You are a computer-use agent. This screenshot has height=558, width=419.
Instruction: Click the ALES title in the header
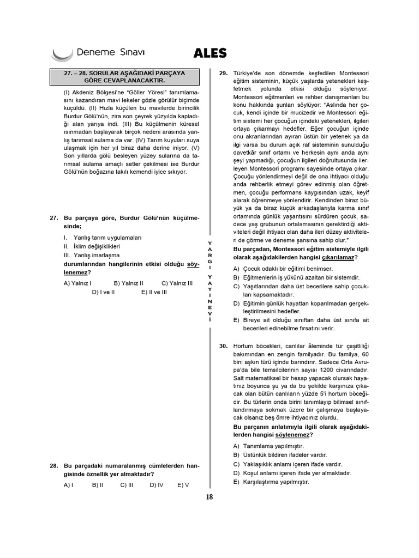point(210,53)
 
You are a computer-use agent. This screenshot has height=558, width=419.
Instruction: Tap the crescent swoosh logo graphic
point(61,54)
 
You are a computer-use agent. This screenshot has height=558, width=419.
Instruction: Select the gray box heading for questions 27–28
point(125,77)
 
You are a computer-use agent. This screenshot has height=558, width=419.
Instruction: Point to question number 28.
point(53,466)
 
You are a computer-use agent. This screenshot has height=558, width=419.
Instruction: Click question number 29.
point(223,72)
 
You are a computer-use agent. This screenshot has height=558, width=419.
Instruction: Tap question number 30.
point(223,346)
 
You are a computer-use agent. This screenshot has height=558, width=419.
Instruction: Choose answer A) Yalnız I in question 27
point(77,283)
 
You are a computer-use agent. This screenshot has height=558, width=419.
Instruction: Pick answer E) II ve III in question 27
point(154,292)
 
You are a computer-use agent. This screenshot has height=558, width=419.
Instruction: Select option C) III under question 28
point(127,484)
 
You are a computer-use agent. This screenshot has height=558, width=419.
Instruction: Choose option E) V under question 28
point(183,484)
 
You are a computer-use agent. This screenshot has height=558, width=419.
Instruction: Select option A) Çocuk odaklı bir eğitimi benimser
point(283,269)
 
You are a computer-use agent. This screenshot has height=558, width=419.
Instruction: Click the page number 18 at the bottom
point(209,497)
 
